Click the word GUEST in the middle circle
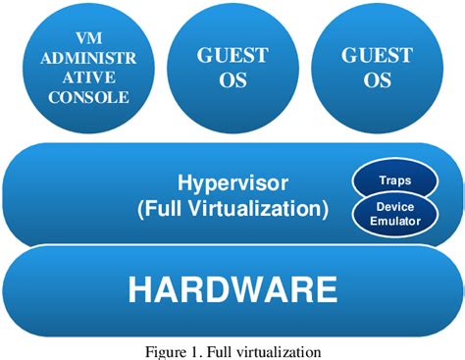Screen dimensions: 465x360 click(x=232, y=55)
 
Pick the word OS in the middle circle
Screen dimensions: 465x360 click(x=232, y=80)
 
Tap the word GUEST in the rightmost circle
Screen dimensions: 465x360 click(x=378, y=55)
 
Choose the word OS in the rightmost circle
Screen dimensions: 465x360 click(x=378, y=80)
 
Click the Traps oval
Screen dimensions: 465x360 click(x=394, y=180)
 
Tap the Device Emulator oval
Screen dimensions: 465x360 click(x=394, y=215)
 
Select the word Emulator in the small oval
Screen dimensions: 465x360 click(x=394, y=222)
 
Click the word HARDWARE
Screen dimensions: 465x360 click(x=232, y=289)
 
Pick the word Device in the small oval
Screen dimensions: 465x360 click(x=394, y=207)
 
